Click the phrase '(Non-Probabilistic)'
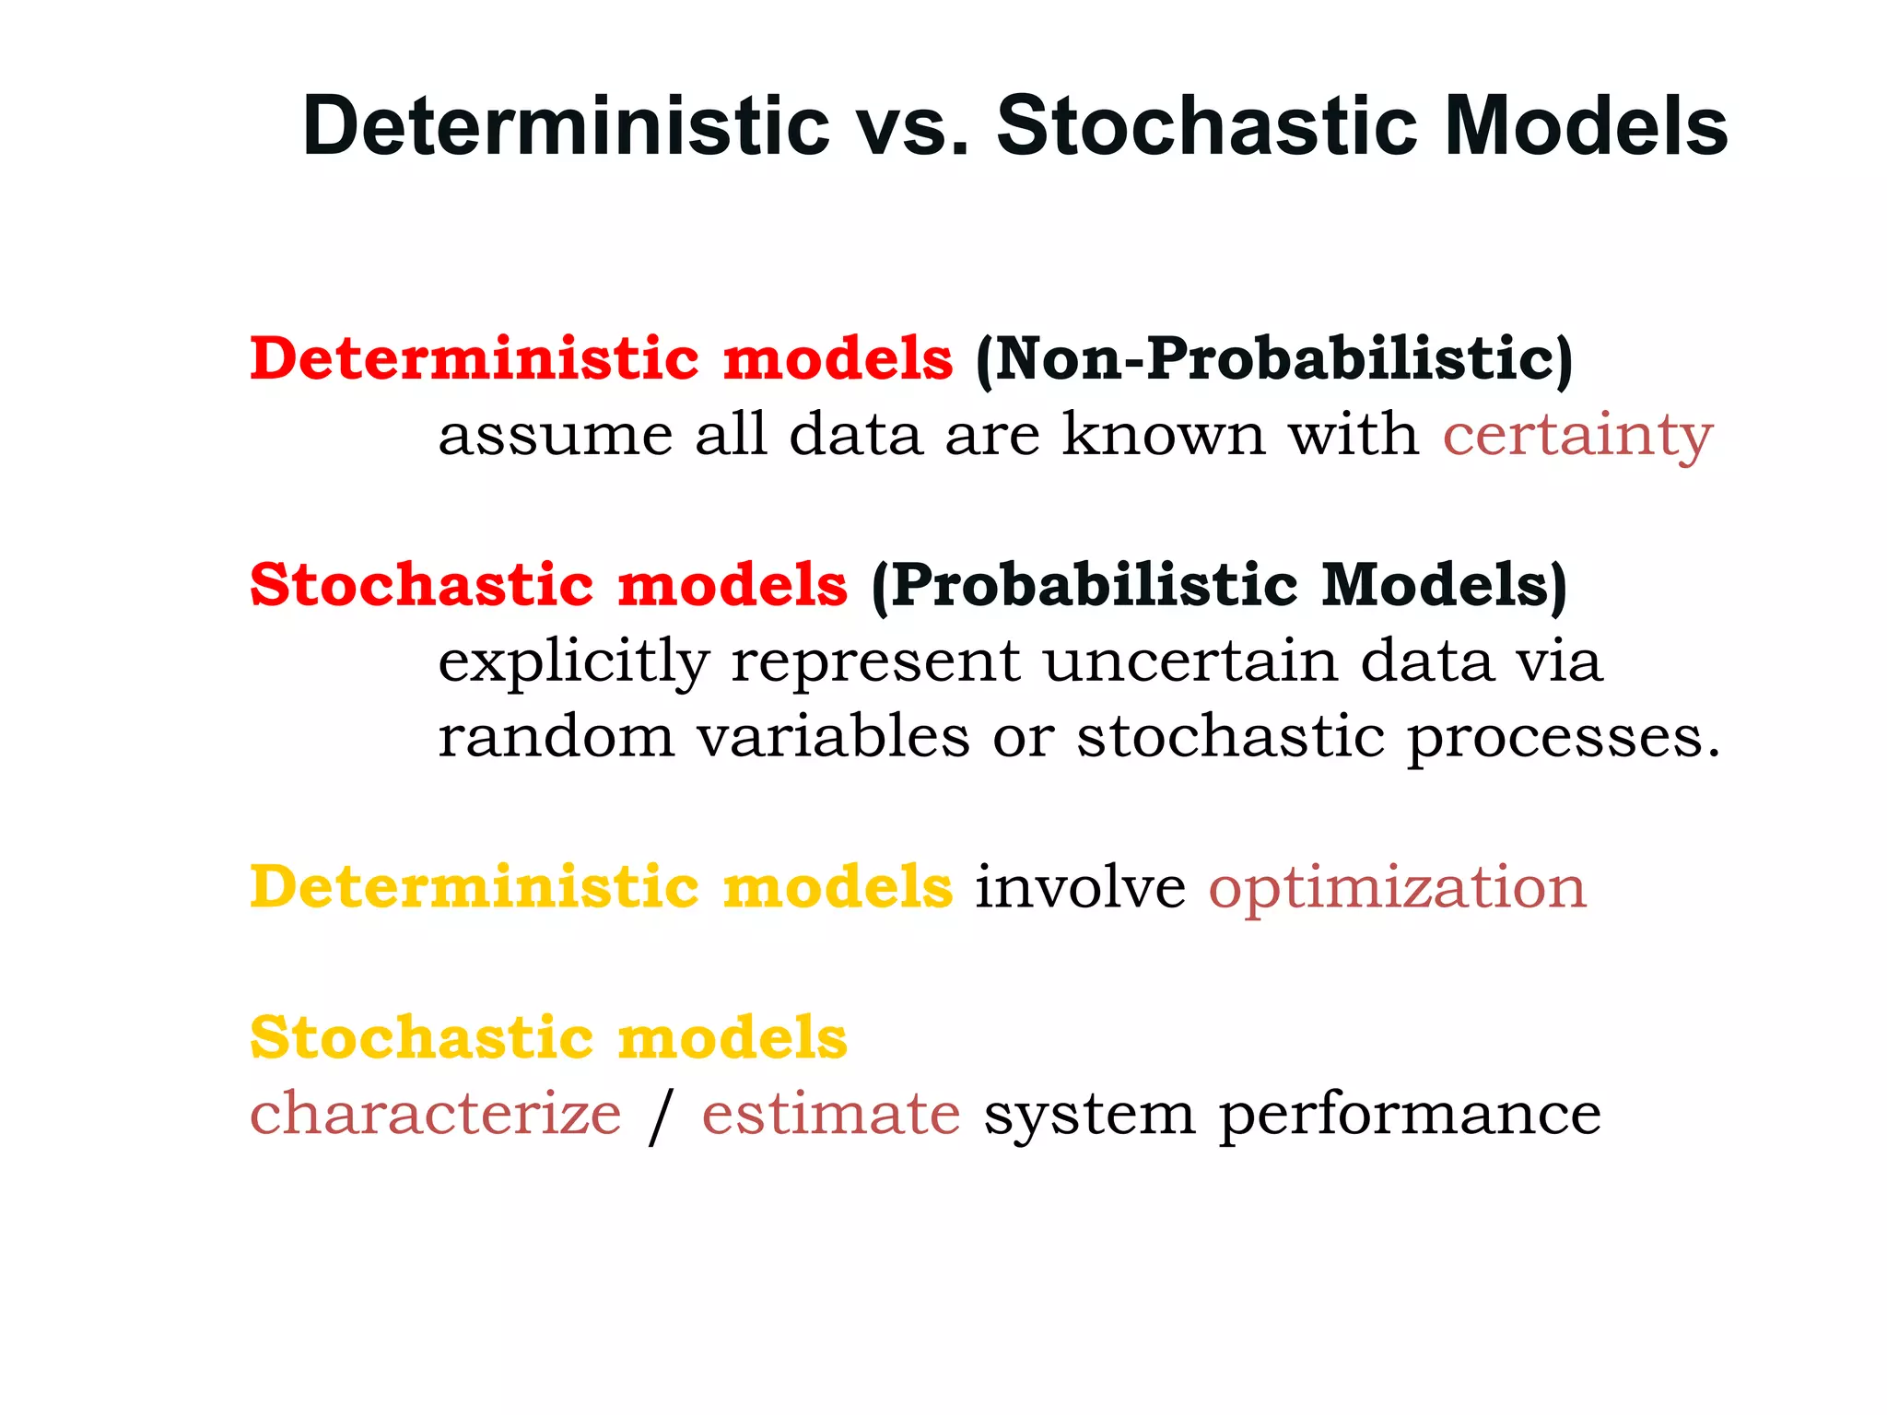[1274, 359]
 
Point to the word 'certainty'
[1576, 435]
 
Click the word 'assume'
[555, 435]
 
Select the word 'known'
[1164, 435]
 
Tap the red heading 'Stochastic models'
[548, 586]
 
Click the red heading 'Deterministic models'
[601, 359]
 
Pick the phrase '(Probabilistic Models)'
[1218, 586]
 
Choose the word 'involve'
[1080, 888]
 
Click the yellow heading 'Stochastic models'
[548, 1039]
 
